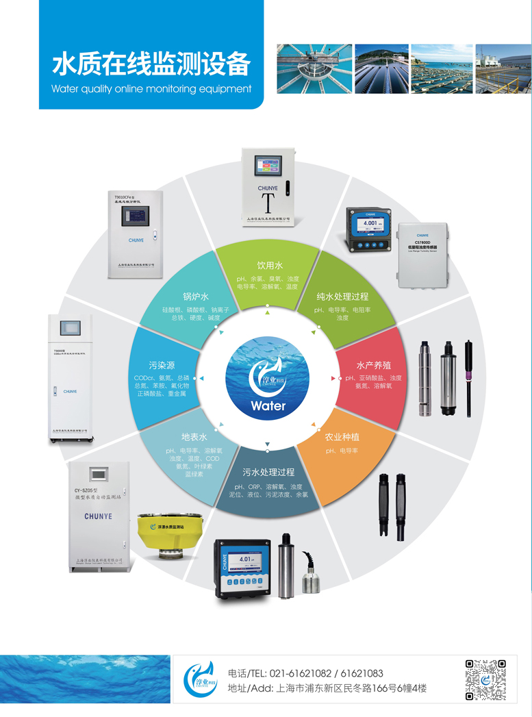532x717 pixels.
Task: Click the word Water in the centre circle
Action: pyautogui.click(x=268, y=405)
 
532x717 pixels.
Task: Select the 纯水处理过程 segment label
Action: pyautogui.click(x=342, y=297)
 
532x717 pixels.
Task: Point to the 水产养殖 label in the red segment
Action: pyautogui.click(x=373, y=364)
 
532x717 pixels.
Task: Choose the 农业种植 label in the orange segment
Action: pyautogui.click(x=342, y=437)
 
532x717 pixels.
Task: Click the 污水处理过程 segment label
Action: pyautogui.click(x=268, y=472)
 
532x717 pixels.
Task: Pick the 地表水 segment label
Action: pyautogui.click(x=194, y=437)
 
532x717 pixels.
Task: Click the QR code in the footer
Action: pyautogui.click(x=485, y=680)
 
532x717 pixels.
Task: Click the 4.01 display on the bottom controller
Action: pyautogui.click(x=246, y=559)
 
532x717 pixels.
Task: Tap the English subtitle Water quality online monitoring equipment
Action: pyautogui.click(x=151, y=88)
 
